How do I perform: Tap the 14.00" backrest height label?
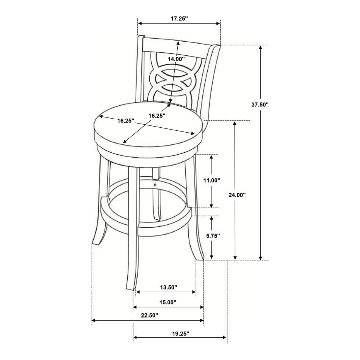(x=176, y=59)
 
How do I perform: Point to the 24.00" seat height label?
(x=237, y=195)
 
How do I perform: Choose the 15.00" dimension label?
(x=168, y=302)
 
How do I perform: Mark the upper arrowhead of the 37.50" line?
(x=260, y=47)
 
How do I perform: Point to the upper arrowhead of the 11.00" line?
(x=212, y=157)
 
